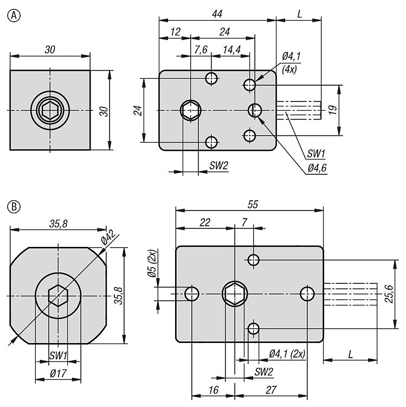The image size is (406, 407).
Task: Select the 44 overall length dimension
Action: click(218, 13)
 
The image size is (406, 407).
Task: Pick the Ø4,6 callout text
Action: click(317, 169)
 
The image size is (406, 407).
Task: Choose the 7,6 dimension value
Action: click(201, 49)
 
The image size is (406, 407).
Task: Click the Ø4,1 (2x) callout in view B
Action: click(287, 353)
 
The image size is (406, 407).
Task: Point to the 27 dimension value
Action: click(271, 390)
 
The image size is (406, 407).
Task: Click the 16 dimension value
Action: click(212, 390)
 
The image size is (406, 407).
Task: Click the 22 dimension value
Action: click(204, 222)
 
